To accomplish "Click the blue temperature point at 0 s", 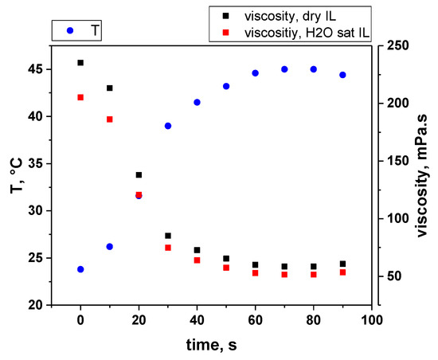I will pyautogui.click(x=80, y=269).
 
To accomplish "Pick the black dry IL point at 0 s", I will pyautogui.click(x=80, y=62).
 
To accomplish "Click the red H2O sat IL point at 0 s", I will pyautogui.click(x=80, y=97).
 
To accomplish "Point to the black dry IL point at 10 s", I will pyautogui.click(x=110, y=88).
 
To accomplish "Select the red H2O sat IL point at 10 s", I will pyautogui.click(x=110, y=119).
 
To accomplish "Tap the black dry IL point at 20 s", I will pyautogui.click(x=139, y=174).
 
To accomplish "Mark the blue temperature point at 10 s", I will pyautogui.click(x=110, y=247).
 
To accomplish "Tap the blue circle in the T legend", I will pyautogui.click(x=72, y=30).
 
